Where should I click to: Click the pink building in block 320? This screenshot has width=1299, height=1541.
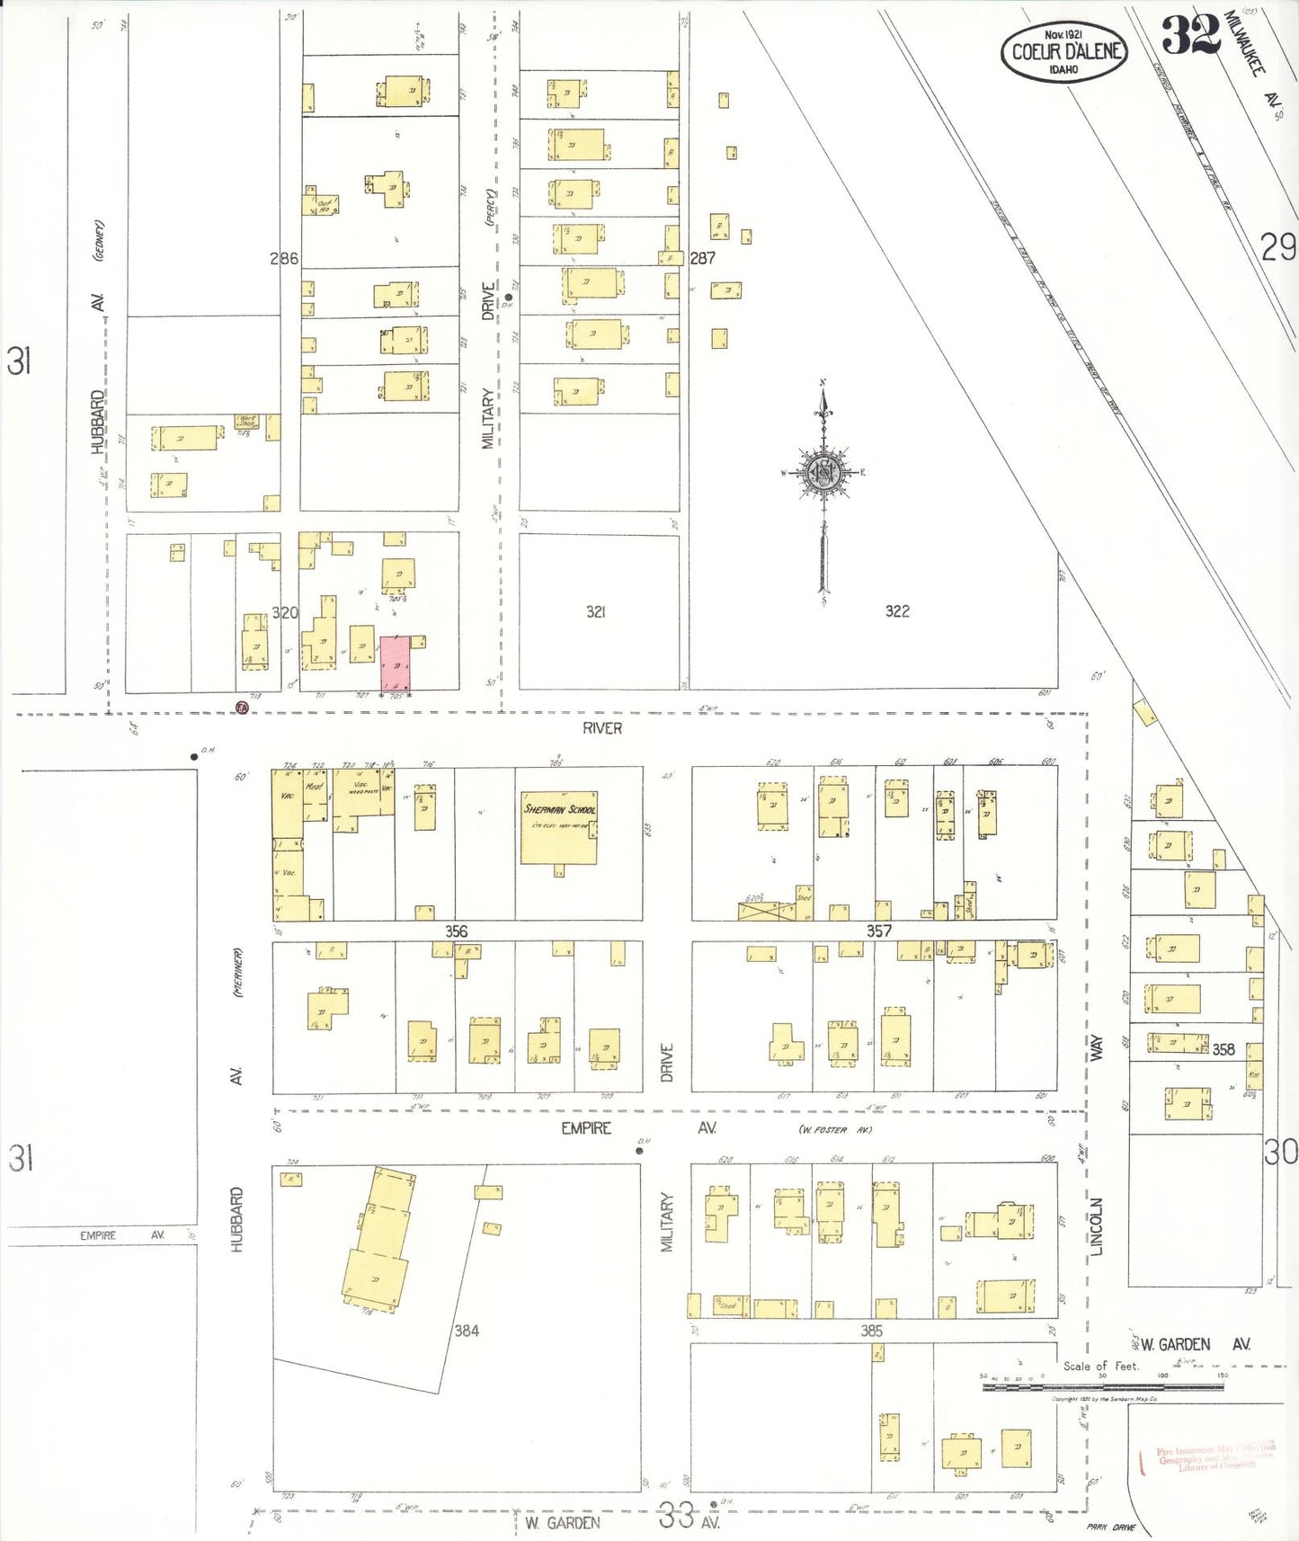396,664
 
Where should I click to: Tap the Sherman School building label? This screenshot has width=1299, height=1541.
559,809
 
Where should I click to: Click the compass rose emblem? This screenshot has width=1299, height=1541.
823,472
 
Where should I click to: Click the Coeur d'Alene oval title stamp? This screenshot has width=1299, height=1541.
1064,52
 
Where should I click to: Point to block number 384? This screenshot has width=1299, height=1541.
467,1331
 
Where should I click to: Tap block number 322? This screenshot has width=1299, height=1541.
896,611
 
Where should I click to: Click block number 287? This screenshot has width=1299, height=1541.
702,258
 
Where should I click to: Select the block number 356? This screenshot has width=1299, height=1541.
456,931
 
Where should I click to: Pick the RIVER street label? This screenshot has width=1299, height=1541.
601,728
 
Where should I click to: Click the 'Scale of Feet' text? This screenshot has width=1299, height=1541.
1100,1366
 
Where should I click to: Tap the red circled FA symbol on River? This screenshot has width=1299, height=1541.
242,708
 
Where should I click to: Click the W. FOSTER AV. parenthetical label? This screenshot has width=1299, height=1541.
835,1129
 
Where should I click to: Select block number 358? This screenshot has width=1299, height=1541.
1223,1049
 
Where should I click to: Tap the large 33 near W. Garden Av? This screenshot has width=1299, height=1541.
675,1516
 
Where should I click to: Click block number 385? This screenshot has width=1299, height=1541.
871,1331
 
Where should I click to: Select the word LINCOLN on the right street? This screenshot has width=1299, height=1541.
1096,1226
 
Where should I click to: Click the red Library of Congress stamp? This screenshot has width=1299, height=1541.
1214,1457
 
